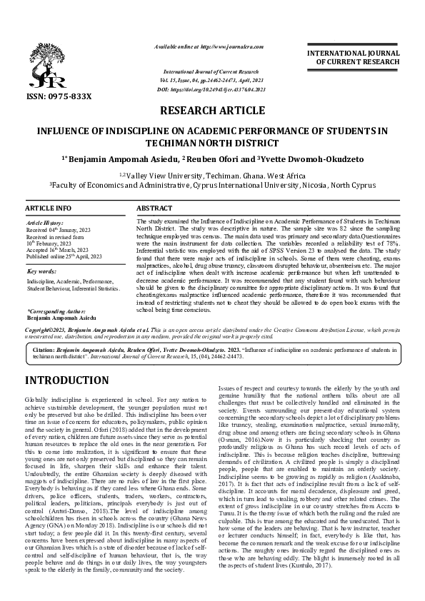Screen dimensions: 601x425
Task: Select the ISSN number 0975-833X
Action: coord(70,96)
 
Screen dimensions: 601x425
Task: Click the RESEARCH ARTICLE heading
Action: coord(212,111)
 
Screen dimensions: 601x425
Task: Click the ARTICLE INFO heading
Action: coord(49,208)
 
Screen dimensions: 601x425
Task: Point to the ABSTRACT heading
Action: coord(154,208)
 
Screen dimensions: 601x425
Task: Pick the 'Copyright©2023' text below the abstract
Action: coord(47,330)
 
